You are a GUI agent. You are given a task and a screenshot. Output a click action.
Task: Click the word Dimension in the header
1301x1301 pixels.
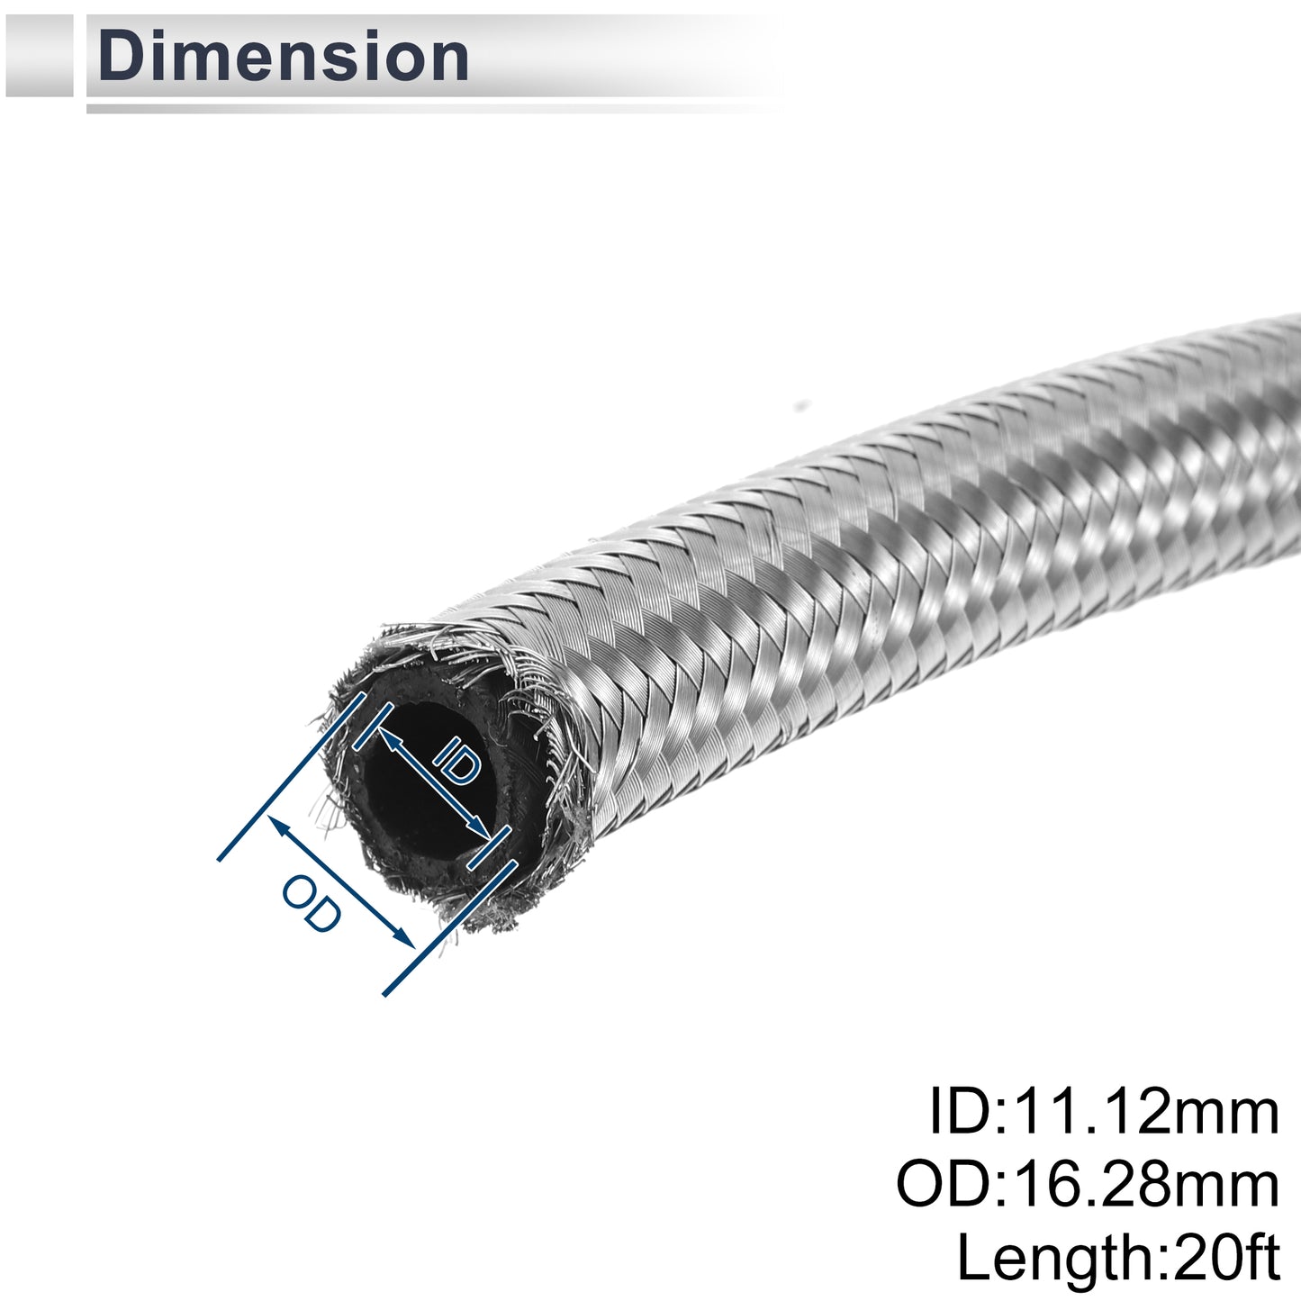coord(284,58)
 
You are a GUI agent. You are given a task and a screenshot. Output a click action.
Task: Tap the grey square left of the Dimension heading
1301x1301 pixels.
coord(39,55)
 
